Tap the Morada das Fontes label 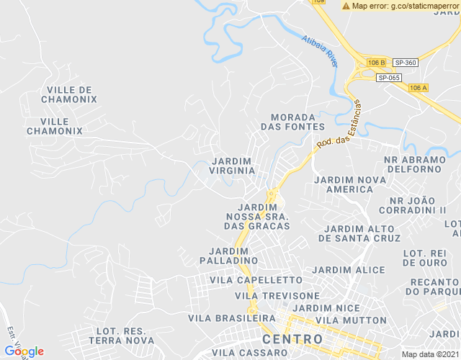coord(292,122)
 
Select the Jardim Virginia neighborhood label coord(232,166)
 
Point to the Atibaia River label coord(320,51)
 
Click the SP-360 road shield coord(406,63)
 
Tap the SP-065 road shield coord(389,78)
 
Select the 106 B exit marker coord(376,63)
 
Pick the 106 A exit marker coord(418,88)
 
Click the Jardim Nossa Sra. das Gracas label coord(257,216)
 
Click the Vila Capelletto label coord(256,279)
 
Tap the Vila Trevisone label coord(277,296)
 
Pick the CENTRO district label coord(292,338)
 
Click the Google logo coord(24,351)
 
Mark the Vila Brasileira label coord(232,318)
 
